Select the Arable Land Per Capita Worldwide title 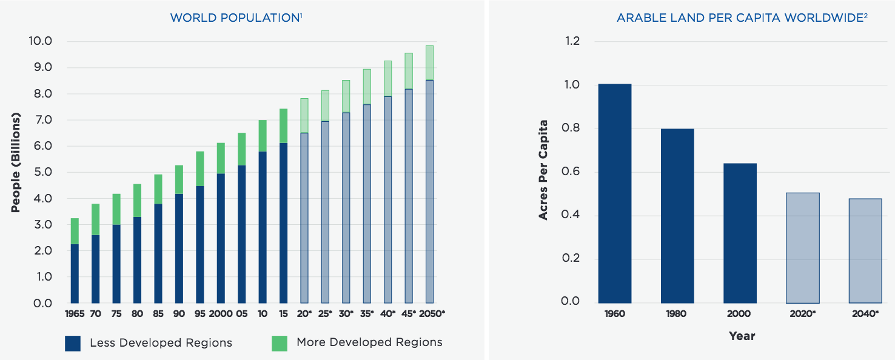742,18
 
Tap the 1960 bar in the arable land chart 615,193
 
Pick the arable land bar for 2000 740,233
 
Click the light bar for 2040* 865,250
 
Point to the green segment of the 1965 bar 75,231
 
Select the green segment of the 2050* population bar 429,62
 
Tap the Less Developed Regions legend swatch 73,343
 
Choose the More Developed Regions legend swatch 279,343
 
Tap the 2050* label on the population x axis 431,313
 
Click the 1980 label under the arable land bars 677,314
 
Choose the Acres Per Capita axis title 543,170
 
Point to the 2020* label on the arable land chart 802,314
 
